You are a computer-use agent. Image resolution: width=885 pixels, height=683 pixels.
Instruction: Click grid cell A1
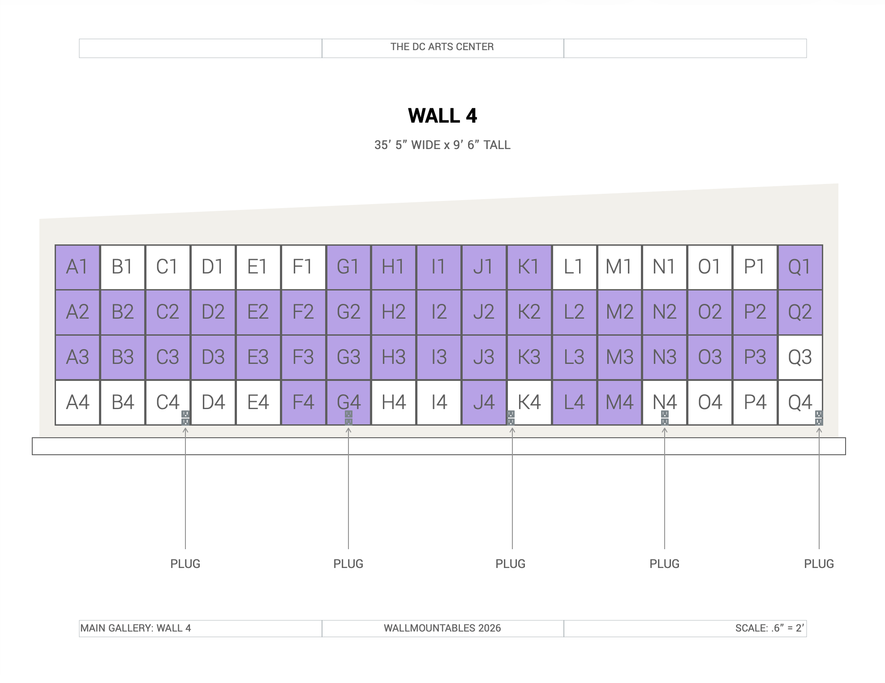[x=77, y=267]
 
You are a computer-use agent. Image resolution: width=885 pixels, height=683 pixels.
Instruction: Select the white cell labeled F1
[x=303, y=267]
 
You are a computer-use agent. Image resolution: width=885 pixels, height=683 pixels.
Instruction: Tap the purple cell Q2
[x=800, y=312]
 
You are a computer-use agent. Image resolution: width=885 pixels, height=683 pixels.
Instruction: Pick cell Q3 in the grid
[x=800, y=358]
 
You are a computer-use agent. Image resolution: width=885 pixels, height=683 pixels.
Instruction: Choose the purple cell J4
[x=484, y=402]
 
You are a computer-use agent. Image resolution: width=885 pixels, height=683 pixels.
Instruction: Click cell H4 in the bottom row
[x=394, y=402]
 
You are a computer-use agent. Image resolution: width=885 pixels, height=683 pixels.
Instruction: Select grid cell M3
[x=619, y=358]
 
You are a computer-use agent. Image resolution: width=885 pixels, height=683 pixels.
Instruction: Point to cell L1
[x=574, y=267]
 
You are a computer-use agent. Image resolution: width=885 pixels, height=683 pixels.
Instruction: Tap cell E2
[x=258, y=312]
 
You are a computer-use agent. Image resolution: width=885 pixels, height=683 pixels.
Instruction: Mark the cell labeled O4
[x=710, y=402]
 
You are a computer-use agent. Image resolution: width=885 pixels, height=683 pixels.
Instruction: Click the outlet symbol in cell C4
[x=185, y=418]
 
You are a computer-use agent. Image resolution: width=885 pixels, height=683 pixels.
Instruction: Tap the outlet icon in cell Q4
[x=819, y=418]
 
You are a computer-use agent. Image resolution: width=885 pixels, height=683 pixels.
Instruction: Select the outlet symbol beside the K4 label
[x=511, y=418]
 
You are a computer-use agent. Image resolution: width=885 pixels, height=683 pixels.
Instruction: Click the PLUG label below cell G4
[x=348, y=564]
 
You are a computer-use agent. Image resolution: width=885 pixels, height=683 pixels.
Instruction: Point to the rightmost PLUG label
[x=819, y=564]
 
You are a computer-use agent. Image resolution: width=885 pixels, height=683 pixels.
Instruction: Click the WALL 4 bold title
[x=442, y=116]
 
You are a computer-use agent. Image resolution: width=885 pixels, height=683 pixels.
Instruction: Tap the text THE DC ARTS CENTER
[x=442, y=47]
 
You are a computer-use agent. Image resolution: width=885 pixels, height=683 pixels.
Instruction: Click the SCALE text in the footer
[x=770, y=628]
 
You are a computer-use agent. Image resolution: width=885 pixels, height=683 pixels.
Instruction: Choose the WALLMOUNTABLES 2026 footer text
[x=442, y=628]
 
